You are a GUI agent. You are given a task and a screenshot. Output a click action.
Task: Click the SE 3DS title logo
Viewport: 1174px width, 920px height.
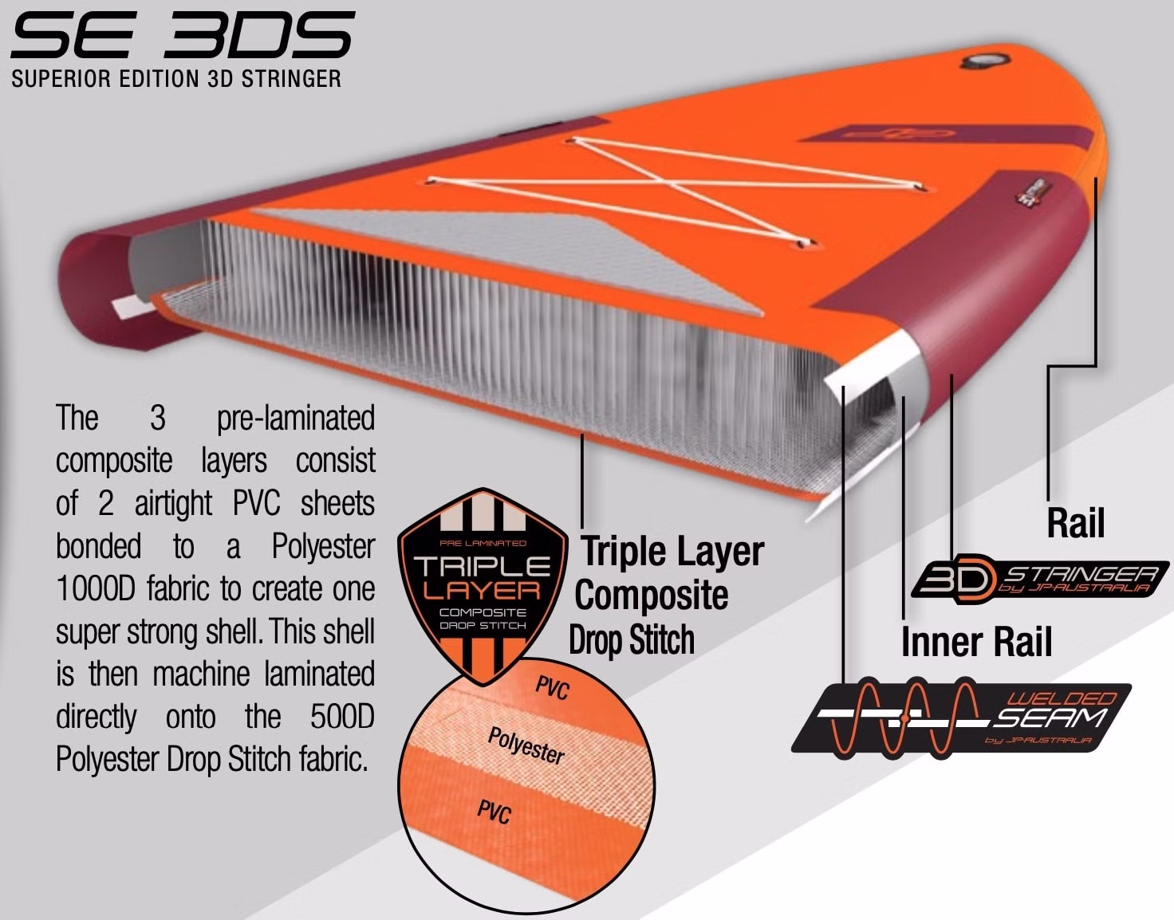coord(182,35)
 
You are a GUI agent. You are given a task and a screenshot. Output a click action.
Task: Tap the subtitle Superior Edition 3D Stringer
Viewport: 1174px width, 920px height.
coord(176,79)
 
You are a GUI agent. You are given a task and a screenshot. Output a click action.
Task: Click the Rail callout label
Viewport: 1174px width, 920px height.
coord(1076,523)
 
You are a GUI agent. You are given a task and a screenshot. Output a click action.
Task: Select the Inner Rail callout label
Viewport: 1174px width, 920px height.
coord(976,642)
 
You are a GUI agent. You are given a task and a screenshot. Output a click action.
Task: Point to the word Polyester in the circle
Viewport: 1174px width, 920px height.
coord(526,745)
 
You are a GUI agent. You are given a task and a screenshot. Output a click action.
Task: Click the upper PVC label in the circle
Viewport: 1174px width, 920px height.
coord(552,687)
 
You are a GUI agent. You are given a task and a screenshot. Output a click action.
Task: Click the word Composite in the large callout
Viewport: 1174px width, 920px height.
coord(652,595)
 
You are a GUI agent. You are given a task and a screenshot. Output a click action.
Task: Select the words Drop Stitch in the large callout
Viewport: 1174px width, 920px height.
coord(632,640)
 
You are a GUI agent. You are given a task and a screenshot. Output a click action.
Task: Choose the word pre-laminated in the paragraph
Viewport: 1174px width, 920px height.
coord(295,418)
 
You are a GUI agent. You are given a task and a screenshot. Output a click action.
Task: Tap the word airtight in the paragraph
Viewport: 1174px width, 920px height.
coord(174,504)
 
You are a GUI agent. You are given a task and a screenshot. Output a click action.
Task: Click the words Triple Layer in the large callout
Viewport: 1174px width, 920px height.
coord(672,551)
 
